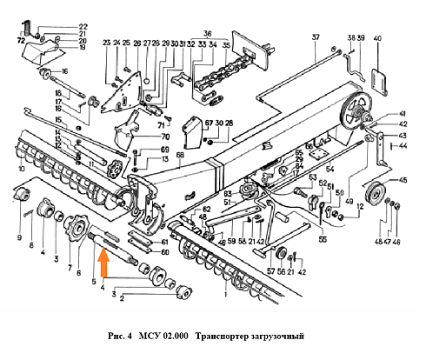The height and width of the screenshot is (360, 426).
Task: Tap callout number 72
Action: (x=20, y=40)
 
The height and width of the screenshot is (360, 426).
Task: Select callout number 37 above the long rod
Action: (x=316, y=37)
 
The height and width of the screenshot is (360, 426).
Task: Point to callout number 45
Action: (x=403, y=181)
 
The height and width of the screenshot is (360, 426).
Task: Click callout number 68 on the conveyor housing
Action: (x=180, y=157)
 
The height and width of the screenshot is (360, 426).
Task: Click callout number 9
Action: (x=19, y=237)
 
